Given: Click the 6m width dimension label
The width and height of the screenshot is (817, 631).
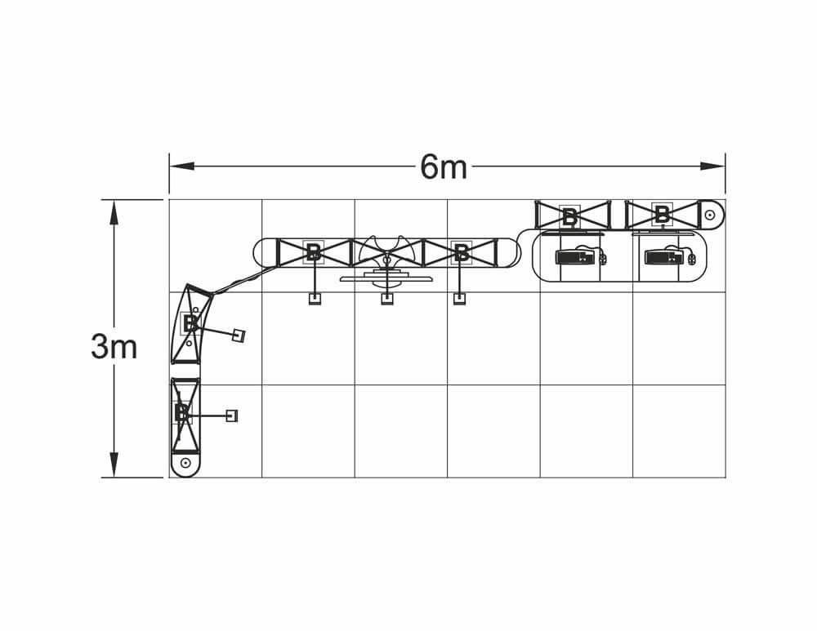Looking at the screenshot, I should (x=444, y=167).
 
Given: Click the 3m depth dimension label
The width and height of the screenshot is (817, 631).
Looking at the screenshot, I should (x=114, y=348).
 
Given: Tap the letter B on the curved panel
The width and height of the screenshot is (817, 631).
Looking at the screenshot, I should (x=190, y=323).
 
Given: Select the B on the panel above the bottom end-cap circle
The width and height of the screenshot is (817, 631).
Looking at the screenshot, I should (x=182, y=413).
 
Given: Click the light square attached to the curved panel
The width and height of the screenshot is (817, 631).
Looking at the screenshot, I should (x=239, y=335).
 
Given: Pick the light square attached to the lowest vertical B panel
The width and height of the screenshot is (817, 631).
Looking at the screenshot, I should (x=232, y=416).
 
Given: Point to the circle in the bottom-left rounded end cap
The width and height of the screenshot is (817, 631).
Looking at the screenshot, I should (x=185, y=463).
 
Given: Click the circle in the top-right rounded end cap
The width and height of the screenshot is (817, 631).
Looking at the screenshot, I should (x=710, y=216).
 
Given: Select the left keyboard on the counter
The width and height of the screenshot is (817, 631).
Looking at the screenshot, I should (x=576, y=257).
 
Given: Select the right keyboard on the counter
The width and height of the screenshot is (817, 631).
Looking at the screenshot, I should (x=665, y=257).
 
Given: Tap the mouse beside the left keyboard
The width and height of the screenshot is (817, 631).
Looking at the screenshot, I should (x=604, y=260).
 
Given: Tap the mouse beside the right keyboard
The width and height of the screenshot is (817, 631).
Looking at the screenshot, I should (x=692, y=260).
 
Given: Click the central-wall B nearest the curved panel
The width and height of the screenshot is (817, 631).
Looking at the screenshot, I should (x=313, y=252).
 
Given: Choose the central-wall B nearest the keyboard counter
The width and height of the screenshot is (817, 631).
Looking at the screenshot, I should (x=462, y=252).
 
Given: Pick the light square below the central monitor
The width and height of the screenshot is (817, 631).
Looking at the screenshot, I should (x=386, y=299).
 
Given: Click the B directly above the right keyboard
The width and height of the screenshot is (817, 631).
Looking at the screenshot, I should (x=662, y=215).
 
